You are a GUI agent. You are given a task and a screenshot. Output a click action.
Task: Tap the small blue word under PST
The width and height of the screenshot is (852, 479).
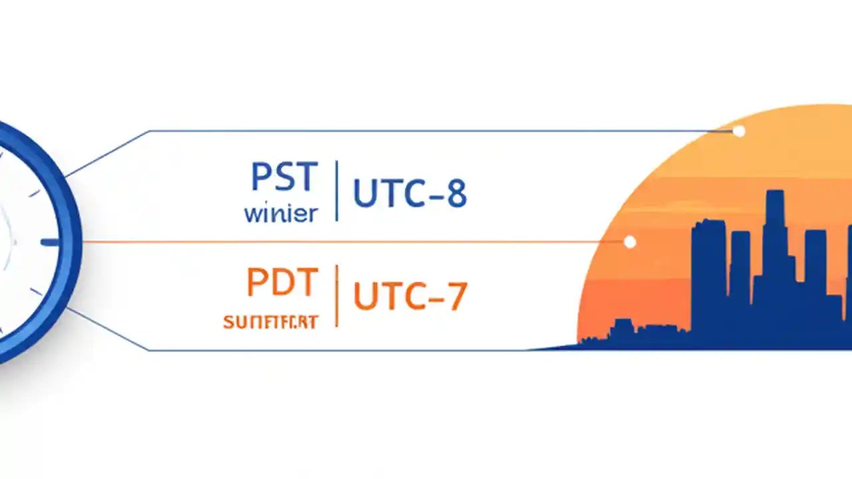point(280,214)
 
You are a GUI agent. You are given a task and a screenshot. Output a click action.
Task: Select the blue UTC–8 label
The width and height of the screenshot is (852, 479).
point(409,194)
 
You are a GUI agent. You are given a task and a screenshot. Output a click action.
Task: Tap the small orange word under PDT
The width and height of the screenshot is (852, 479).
point(271,323)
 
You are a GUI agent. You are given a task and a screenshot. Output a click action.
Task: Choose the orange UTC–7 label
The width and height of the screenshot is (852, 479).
point(409,297)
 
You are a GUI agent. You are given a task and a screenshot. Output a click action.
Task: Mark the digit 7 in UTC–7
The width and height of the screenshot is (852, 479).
point(456,297)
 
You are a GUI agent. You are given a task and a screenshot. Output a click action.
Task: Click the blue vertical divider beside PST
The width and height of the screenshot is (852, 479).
point(337,190)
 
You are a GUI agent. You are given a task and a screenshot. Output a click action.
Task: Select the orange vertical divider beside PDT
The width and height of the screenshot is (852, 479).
point(337,295)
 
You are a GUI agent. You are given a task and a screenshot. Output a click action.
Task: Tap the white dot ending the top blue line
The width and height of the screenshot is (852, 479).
point(739,131)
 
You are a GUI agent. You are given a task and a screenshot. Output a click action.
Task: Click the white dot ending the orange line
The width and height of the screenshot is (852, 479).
point(630,242)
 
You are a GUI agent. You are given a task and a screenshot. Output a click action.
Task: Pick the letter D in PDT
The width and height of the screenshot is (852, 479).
point(281,283)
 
